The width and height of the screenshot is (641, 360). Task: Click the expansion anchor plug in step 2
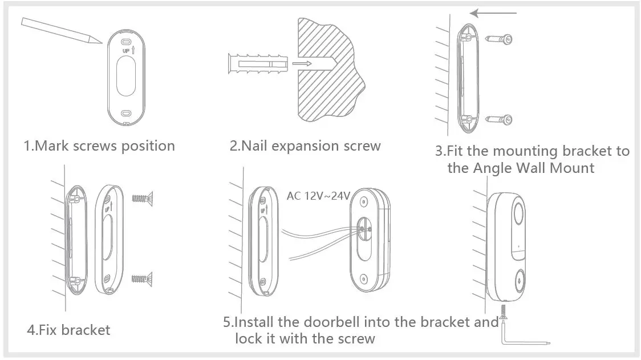point(255,63)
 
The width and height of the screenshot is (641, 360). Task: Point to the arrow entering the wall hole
point(302,63)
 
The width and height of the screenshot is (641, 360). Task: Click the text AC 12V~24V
point(318,196)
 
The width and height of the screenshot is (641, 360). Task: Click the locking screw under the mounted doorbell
point(504,312)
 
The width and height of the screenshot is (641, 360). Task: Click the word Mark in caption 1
point(51,146)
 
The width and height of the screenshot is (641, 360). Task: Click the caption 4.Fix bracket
point(68,330)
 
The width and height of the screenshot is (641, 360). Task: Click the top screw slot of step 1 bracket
point(127,41)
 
